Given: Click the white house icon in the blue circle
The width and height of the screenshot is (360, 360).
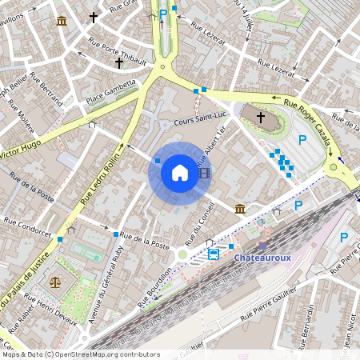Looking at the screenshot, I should click(180, 173).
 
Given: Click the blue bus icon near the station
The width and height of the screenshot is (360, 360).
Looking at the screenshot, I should click(214, 254).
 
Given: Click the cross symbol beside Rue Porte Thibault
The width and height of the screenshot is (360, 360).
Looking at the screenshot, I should click(119, 62).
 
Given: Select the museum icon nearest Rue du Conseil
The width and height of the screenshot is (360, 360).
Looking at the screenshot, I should click(240, 209).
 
